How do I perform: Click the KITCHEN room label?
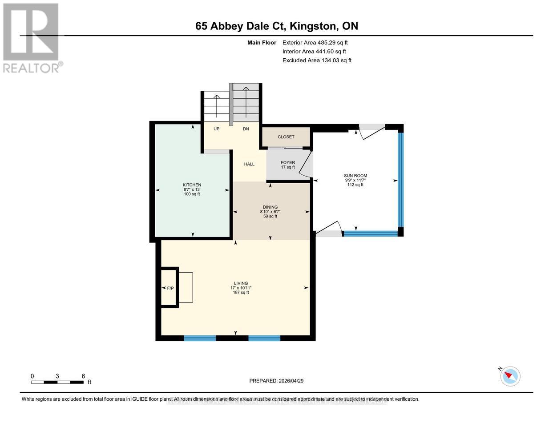click(x=192, y=185)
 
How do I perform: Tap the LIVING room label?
click(x=241, y=283)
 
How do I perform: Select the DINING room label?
click(x=270, y=207)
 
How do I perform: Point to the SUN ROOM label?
click(x=355, y=176)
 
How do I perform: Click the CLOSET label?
click(x=286, y=137)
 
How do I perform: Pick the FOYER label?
click(x=288, y=162)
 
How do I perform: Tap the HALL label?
click(x=249, y=164)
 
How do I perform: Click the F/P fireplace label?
click(x=170, y=288)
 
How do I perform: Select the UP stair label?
click(x=217, y=129)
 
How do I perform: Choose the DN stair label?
click(x=246, y=129)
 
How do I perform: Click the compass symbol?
click(x=510, y=376)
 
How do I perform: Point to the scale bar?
click(x=57, y=382)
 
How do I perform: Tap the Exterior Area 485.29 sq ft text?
click(x=315, y=43)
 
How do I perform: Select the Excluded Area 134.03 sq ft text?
click(x=317, y=60)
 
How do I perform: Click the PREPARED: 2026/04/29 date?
click(x=276, y=381)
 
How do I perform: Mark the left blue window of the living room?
click(x=200, y=338)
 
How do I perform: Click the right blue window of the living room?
click(x=264, y=338)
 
